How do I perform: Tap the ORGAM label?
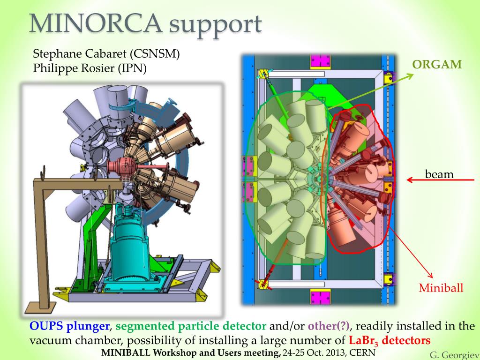[x=437, y=65]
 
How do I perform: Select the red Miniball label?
[x=441, y=288]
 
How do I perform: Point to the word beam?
[x=439, y=174]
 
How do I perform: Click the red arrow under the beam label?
[x=440, y=180]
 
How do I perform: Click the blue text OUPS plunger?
[x=69, y=326]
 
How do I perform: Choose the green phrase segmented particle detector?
[x=191, y=326]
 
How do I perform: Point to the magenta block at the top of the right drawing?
[x=318, y=61]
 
